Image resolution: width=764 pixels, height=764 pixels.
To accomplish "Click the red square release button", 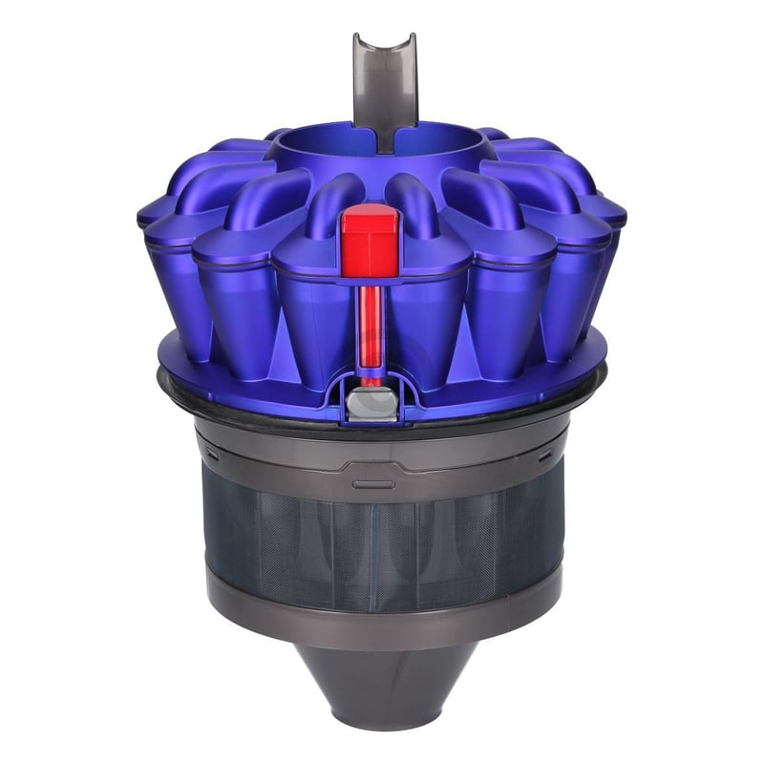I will (369, 235).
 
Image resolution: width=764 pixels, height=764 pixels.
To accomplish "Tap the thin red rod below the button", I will (368, 325).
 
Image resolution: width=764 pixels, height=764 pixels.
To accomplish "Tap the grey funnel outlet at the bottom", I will (382, 683).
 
